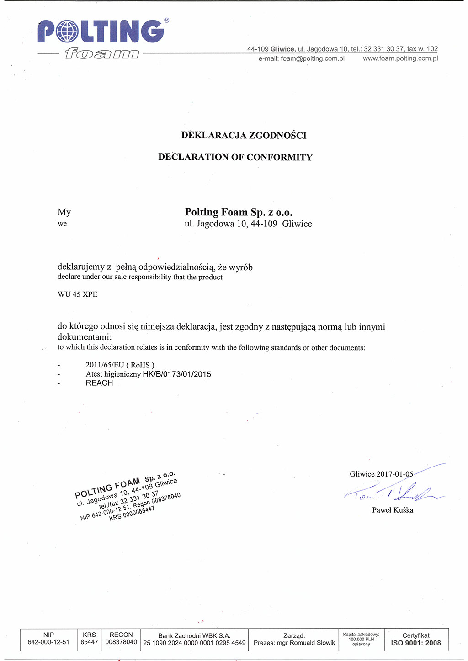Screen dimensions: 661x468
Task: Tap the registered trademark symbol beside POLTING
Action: (166, 21)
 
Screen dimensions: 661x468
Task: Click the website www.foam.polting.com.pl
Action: (400, 58)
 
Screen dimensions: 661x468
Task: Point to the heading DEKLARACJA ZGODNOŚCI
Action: (244, 135)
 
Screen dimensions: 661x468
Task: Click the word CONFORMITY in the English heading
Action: (279, 157)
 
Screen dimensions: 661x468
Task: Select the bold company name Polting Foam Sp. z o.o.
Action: (239, 212)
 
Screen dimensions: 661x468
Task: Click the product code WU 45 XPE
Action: (77, 294)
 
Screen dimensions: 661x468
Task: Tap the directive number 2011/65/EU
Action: (105, 365)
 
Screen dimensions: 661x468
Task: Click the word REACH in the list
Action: (99, 383)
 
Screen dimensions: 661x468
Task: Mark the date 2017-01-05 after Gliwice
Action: (395, 474)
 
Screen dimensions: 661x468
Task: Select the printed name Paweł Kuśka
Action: (393, 510)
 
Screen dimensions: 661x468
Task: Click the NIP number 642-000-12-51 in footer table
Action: (48, 642)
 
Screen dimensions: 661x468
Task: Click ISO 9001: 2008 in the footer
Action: (416, 643)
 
